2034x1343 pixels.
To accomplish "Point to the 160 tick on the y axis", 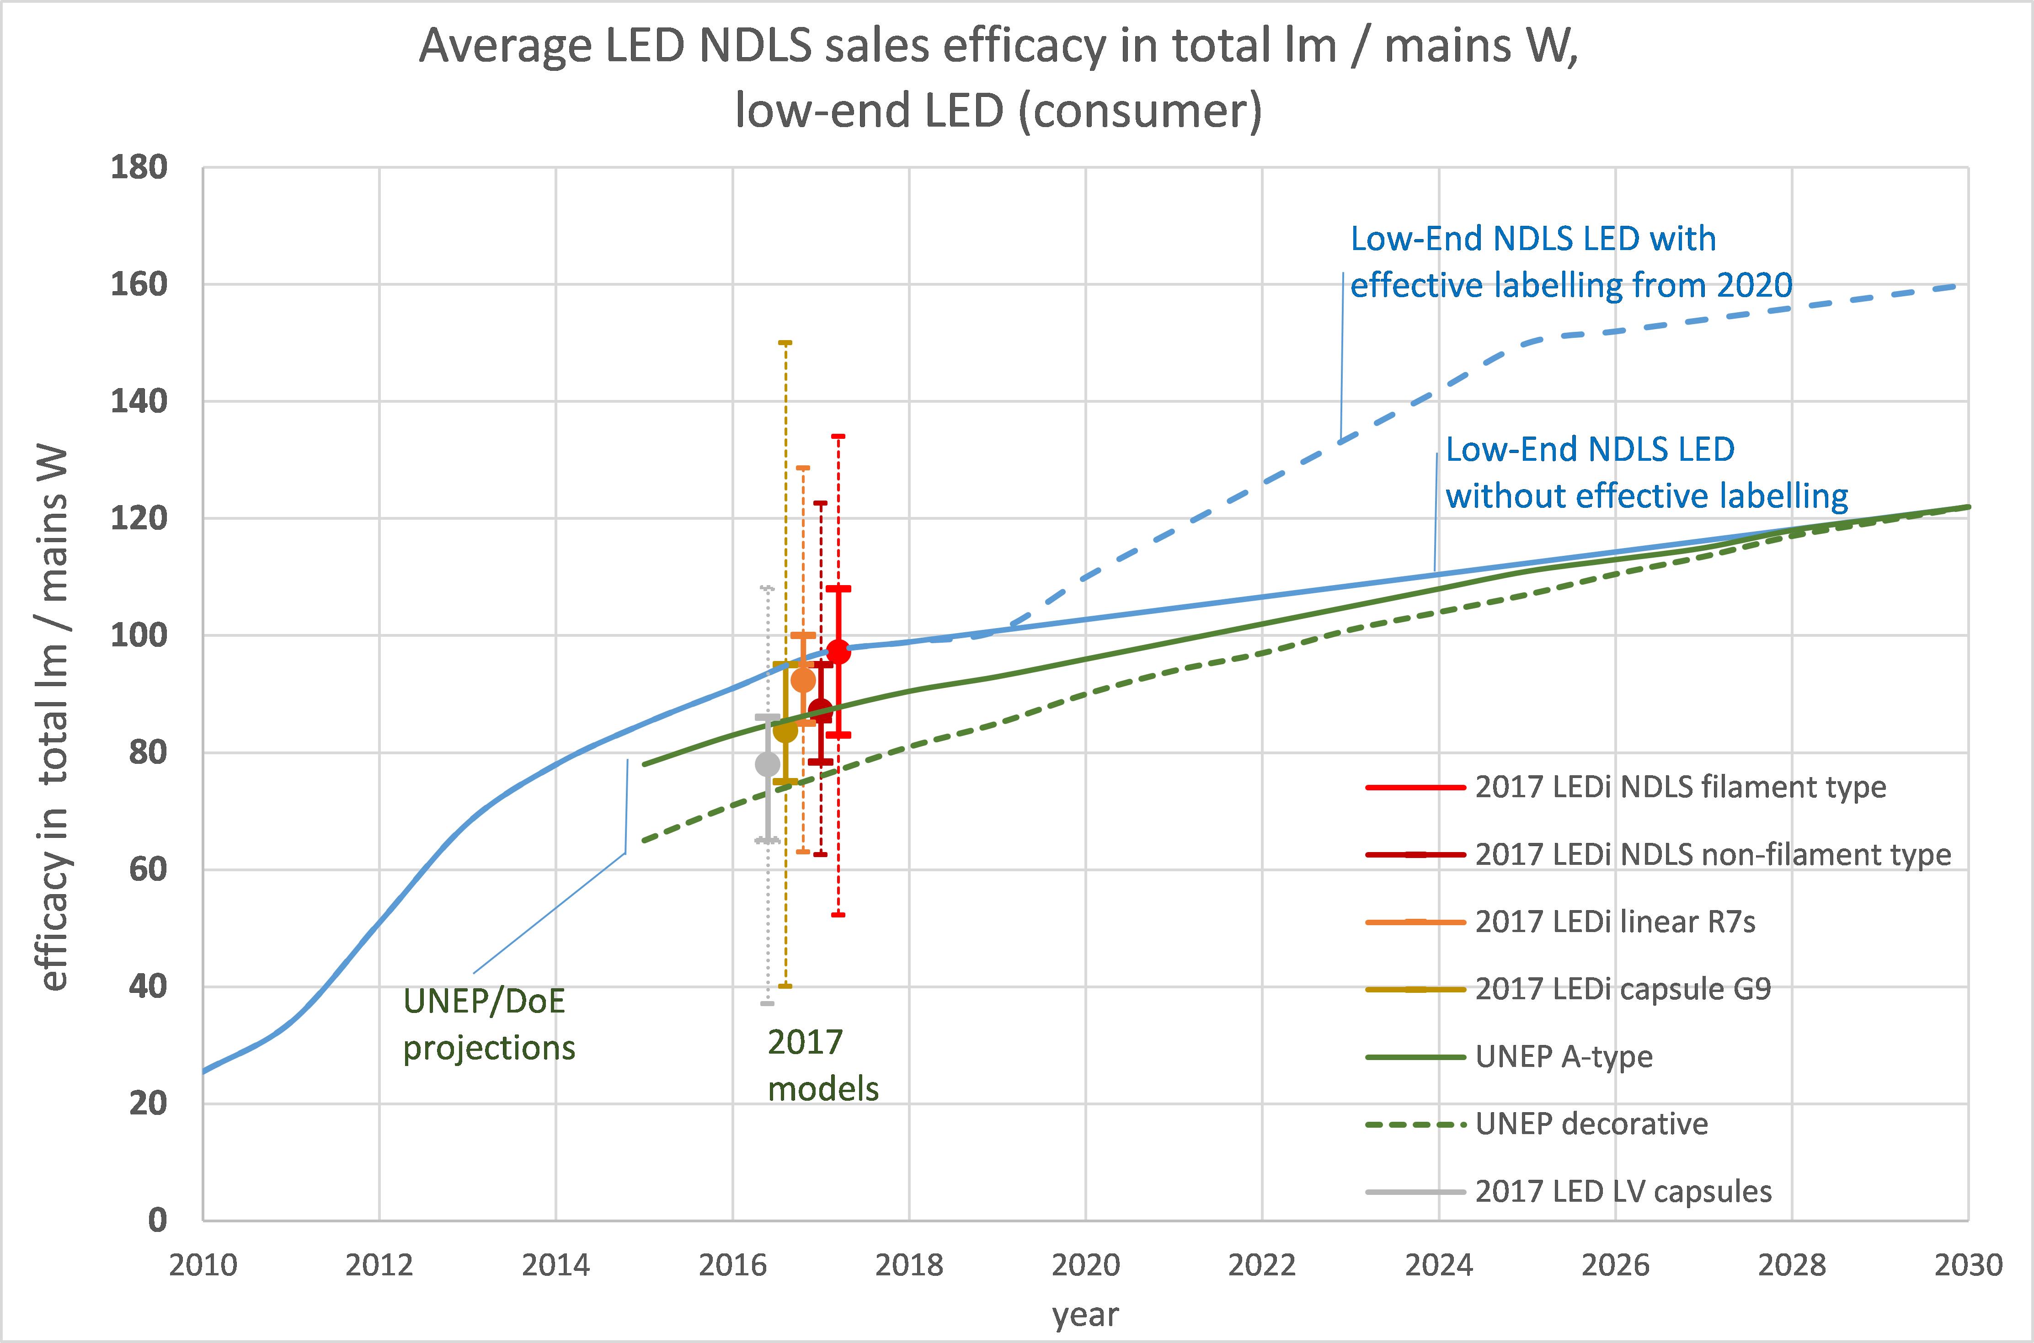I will click(x=138, y=284).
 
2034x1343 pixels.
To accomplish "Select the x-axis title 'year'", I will click(x=1085, y=1315).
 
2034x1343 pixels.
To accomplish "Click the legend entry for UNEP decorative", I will click(x=1591, y=1124).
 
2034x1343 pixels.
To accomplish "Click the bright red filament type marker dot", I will click(x=838, y=652).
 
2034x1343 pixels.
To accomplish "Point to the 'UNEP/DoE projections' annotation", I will click(x=488, y=1024).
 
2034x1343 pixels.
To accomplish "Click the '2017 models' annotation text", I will click(x=822, y=1066).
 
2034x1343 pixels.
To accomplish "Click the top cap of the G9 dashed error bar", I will click(x=785, y=342).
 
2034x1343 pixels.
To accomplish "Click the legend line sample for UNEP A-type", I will click(x=1415, y=1057).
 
